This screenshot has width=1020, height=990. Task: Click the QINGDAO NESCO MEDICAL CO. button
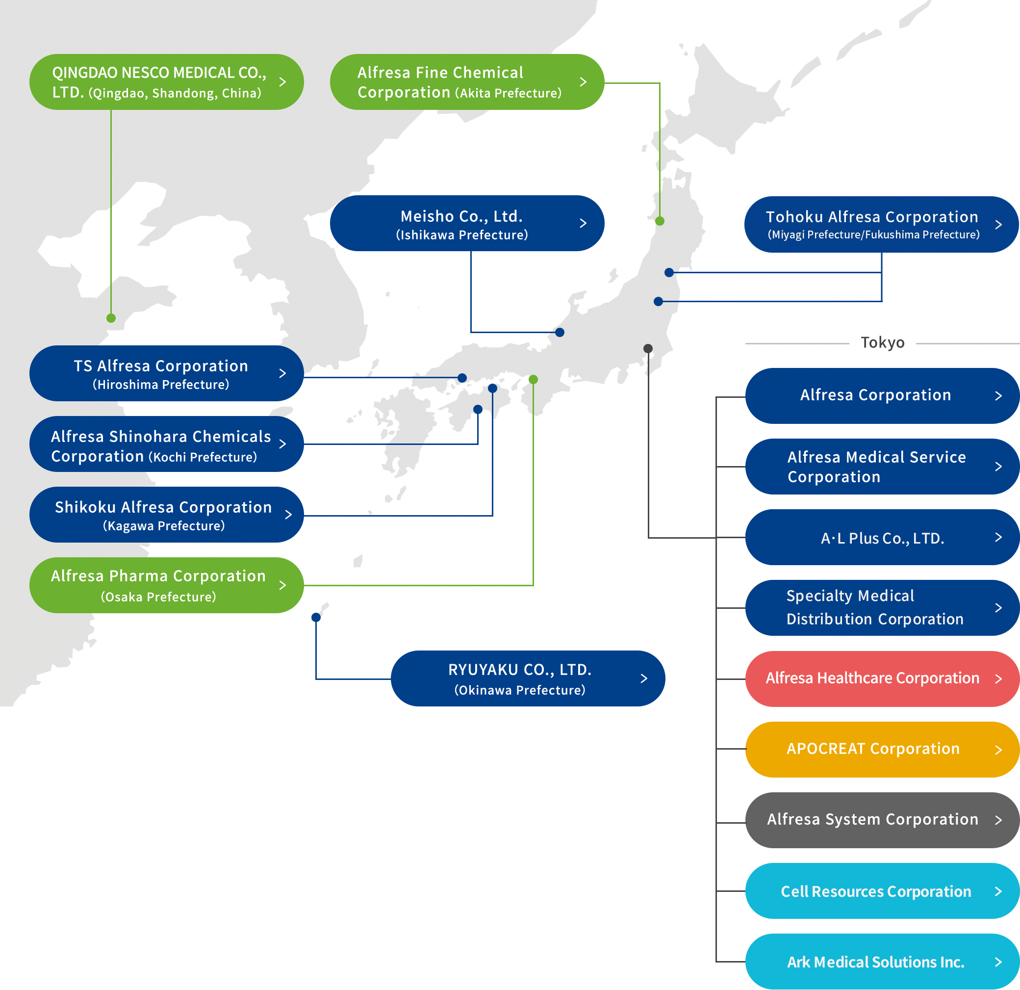click(166, 82)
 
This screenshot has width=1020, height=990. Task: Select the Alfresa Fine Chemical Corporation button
click(467, 82)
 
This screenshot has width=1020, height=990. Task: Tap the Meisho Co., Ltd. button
click(467, 223)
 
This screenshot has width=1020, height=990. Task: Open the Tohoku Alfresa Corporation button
click(881, 224)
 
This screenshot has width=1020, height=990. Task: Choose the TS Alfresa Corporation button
click(166, 373)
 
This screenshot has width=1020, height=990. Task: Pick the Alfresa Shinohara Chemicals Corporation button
click(166, 444)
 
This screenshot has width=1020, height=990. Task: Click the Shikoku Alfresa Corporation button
click(166, 515)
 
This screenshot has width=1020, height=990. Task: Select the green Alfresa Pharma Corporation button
click(166, 585)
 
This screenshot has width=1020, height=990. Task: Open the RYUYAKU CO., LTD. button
click(528, 678)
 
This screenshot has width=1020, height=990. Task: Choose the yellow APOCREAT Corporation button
click(882, 750)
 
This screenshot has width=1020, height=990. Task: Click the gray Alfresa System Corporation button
click(882, 820)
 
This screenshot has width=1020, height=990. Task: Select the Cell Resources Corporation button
click(882, 891)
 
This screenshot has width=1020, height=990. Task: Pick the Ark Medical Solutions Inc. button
click(882, 962)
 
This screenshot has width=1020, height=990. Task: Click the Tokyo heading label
click(883, 342)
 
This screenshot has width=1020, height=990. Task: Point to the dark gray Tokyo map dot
click(648, 348)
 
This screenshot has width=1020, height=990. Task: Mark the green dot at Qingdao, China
click(111, 318)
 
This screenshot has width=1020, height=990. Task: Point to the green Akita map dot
click(660, 221)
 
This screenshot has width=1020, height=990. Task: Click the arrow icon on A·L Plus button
click(998, 537)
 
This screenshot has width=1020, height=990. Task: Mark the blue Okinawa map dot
click(316, 617)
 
